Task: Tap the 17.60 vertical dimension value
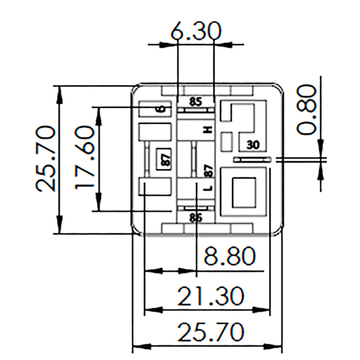pos(85,157)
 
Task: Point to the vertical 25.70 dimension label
pos(46,158)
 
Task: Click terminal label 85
pos(195,102)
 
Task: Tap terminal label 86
pos(195,217)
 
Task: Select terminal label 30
pos(253,145)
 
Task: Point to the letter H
pos(207,130)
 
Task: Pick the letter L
pos(208,188)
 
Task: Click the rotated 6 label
pos(162,108)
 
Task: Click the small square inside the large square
pos(244,192)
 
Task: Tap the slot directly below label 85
pos(196,109)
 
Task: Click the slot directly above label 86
pos(196,208)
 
